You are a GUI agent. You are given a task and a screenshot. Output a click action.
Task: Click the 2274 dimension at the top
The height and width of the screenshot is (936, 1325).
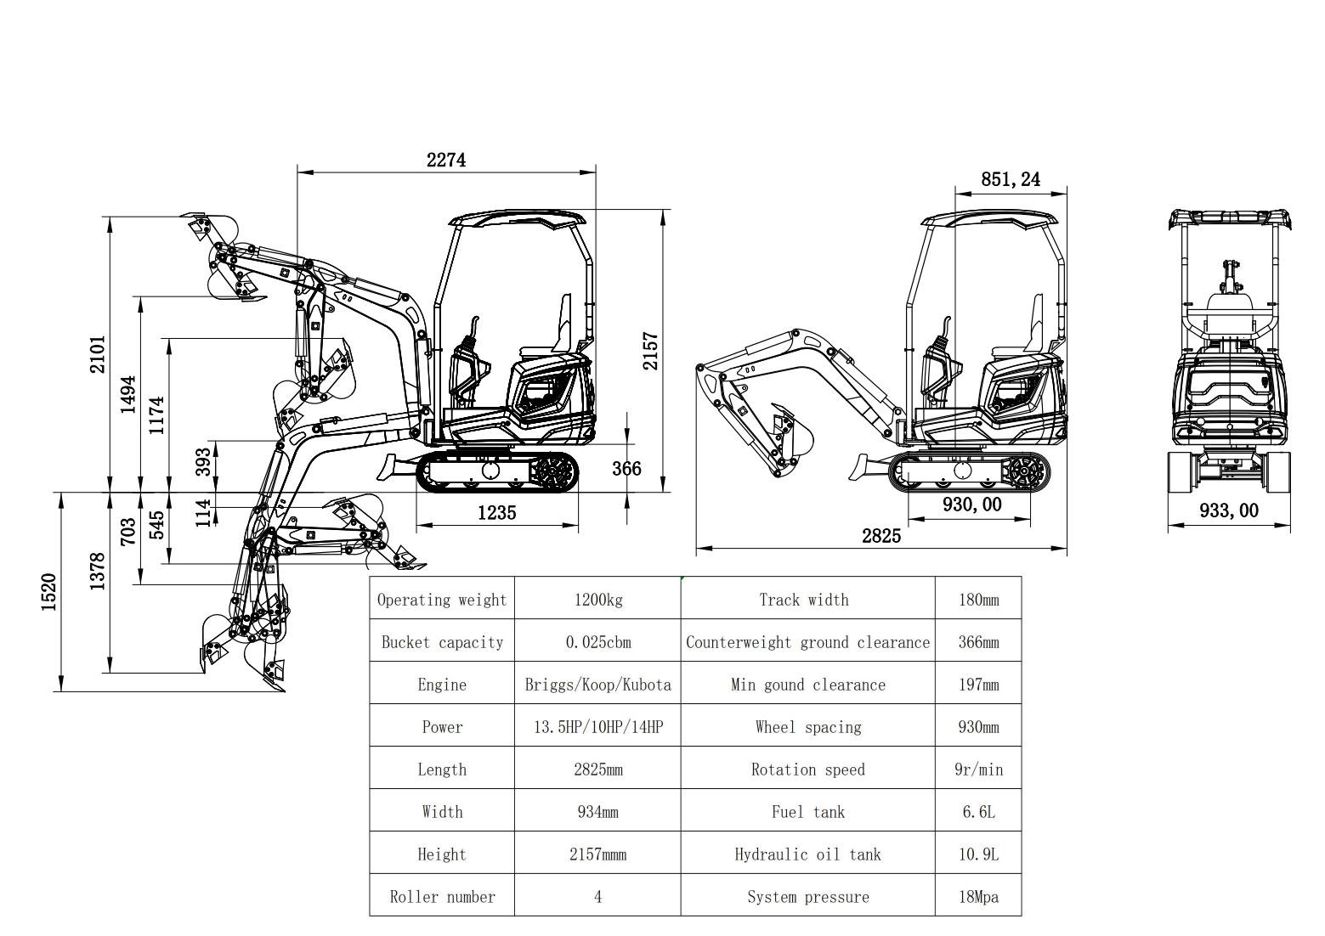[446, 160]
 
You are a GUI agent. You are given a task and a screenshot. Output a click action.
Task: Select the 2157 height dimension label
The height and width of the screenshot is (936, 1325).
[650, 350]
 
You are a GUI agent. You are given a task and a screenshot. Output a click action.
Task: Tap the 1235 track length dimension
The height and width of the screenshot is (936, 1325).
[496, 513]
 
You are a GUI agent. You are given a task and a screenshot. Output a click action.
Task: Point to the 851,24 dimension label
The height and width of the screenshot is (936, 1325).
[1010, 179]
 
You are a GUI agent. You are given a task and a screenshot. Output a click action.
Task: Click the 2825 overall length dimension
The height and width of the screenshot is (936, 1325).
[881, 536]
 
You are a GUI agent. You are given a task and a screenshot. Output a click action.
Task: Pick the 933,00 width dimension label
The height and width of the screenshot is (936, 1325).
[1228, 510]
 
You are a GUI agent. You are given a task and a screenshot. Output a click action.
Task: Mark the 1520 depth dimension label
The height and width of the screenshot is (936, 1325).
[49, 591]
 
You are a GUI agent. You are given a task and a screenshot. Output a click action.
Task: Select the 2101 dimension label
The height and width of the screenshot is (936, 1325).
[99, 353]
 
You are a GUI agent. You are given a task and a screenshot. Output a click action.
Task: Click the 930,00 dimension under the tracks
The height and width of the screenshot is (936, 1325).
[971, 505]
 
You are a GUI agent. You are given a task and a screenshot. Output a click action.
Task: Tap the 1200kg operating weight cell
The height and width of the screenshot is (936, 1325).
[597, 600]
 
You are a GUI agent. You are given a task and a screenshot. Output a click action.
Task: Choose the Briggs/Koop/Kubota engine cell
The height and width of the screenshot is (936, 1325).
[597, 685]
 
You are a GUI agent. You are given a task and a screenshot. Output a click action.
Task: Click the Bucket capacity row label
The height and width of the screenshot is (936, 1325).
[442, 642]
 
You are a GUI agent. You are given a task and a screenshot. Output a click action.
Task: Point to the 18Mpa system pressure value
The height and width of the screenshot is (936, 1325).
[978, 897]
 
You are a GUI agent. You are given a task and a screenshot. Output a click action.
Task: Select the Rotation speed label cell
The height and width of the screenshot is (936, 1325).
[807, 770]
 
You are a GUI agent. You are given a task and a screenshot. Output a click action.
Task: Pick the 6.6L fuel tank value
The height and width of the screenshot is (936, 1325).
[978, 812]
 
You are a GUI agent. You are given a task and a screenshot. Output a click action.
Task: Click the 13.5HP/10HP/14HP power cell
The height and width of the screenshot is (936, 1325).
[597, 727]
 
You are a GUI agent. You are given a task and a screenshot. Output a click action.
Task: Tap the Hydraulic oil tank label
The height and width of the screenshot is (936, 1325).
[807, 854]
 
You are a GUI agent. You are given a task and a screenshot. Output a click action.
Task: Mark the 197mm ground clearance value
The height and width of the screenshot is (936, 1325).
[978, 685]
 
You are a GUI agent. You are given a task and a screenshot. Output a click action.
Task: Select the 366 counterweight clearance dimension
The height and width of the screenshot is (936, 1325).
[627, 469]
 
